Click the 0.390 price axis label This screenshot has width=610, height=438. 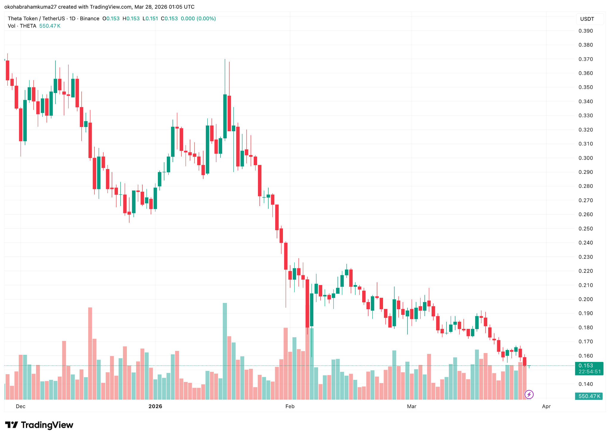[x=586, y=31]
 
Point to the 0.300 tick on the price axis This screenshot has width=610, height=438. [x=586, y=158]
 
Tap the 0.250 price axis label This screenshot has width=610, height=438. [x=586, y=229]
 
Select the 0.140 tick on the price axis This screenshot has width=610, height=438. [x=586, y=384]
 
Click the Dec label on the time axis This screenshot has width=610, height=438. [x=21, y=406]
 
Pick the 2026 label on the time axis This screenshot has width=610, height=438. [x=155, y=406]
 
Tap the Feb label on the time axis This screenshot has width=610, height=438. [x=290, y=406]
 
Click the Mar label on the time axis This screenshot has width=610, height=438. [x=412, y=406]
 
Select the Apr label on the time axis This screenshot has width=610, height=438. [x=546, y=406]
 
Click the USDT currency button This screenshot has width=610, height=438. [x=587, y=19]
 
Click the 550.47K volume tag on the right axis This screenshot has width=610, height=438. [x=589, y=396]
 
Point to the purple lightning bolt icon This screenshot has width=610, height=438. [x=529, y=395]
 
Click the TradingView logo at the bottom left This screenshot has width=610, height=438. [x=39, y=425]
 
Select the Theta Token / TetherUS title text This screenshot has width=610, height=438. [x=36, y=18]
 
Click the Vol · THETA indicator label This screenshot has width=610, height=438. [x=22, y=26]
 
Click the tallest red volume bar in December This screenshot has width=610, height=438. [x=90, y=353]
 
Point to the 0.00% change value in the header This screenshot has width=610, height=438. [x=206, y=18]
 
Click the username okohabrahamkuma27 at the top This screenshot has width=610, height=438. [x=30, y=7]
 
